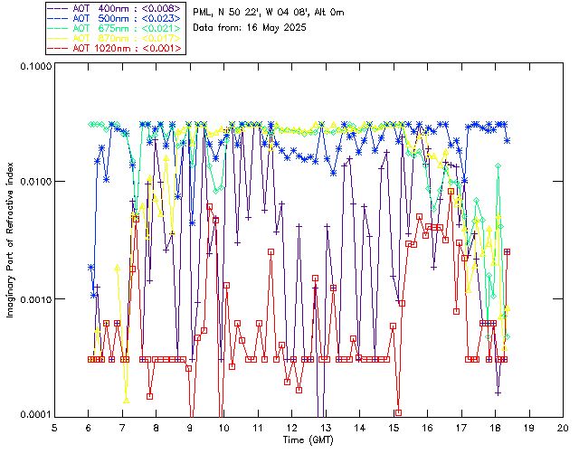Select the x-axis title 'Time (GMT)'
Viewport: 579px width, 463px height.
coord(308,440)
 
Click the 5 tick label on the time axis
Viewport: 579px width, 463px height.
coord(54,427)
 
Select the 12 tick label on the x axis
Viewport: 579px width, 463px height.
coord(291,427)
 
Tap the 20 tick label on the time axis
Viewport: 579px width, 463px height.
coord(563,427)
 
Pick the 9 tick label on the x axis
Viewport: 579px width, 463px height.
coord(190,427)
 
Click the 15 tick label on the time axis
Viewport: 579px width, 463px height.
coord(394,427)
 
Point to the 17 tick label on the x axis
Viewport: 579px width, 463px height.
coord(461,427)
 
